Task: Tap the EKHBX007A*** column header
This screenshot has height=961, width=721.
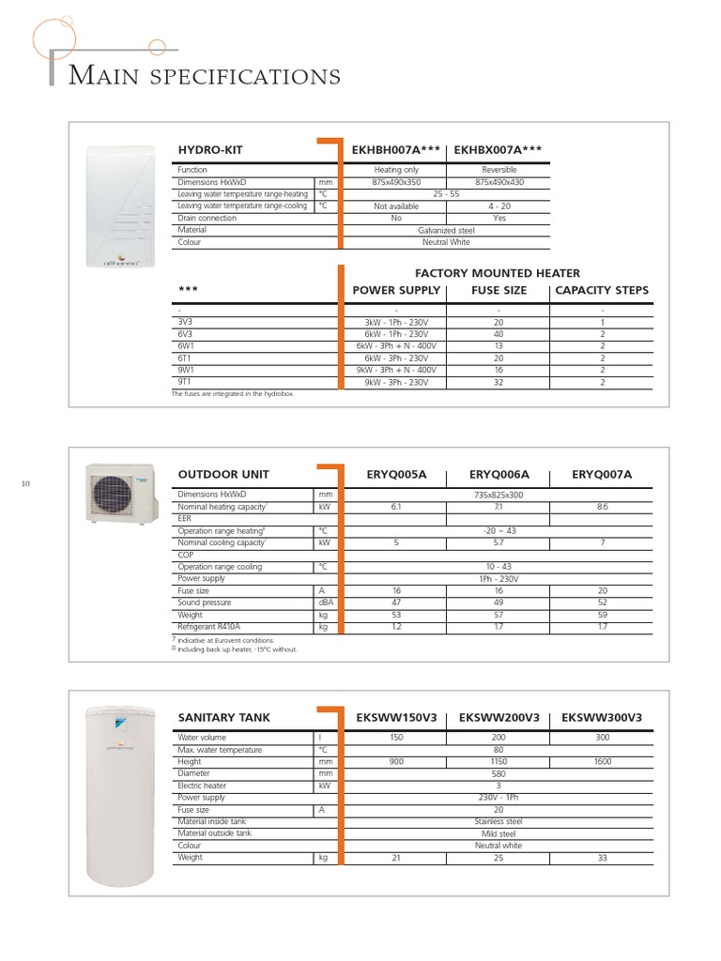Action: point(498,149)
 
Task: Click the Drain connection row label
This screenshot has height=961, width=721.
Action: point(207,218)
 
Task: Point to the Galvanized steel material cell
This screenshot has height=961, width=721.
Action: point(447,230)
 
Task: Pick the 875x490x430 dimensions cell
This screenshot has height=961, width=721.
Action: point(498,182)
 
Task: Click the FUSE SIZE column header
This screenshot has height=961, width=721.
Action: point(499,290)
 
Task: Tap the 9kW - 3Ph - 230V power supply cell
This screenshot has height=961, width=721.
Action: point(396,382)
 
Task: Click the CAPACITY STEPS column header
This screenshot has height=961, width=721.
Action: point(602,290)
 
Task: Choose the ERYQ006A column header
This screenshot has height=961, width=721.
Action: point(499,475)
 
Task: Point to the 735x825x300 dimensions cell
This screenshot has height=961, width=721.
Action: point(499,494)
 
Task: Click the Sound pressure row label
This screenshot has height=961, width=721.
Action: point(205,603)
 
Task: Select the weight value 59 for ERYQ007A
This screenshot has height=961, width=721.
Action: point(602,615)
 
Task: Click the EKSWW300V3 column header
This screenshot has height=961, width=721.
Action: point(602,718)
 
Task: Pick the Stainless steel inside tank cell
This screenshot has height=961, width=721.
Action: point(499,821)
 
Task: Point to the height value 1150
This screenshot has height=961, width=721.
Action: point(499,762)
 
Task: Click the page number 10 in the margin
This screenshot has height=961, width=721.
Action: point(26,483)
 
